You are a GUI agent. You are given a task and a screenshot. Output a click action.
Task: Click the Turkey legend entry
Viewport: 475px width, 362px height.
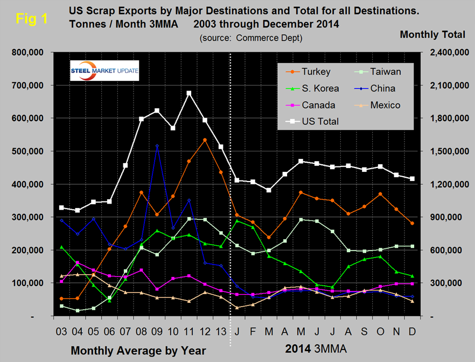point(316,71)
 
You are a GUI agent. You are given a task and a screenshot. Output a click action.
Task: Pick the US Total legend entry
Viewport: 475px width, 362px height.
point(320,121)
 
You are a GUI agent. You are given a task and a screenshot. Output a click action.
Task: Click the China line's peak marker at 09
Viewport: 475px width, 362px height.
point(157,145)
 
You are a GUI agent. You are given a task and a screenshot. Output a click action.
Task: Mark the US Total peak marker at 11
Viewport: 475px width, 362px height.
point(189,93)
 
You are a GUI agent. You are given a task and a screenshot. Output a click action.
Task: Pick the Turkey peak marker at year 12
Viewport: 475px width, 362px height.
point(205,140)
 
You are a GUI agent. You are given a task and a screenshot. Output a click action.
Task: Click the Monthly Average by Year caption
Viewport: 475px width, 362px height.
point(138,351)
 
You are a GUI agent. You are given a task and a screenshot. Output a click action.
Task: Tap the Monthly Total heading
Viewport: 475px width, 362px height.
point(432,34)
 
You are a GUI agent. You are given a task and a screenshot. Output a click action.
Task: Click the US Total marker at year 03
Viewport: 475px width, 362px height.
point(61,207)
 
